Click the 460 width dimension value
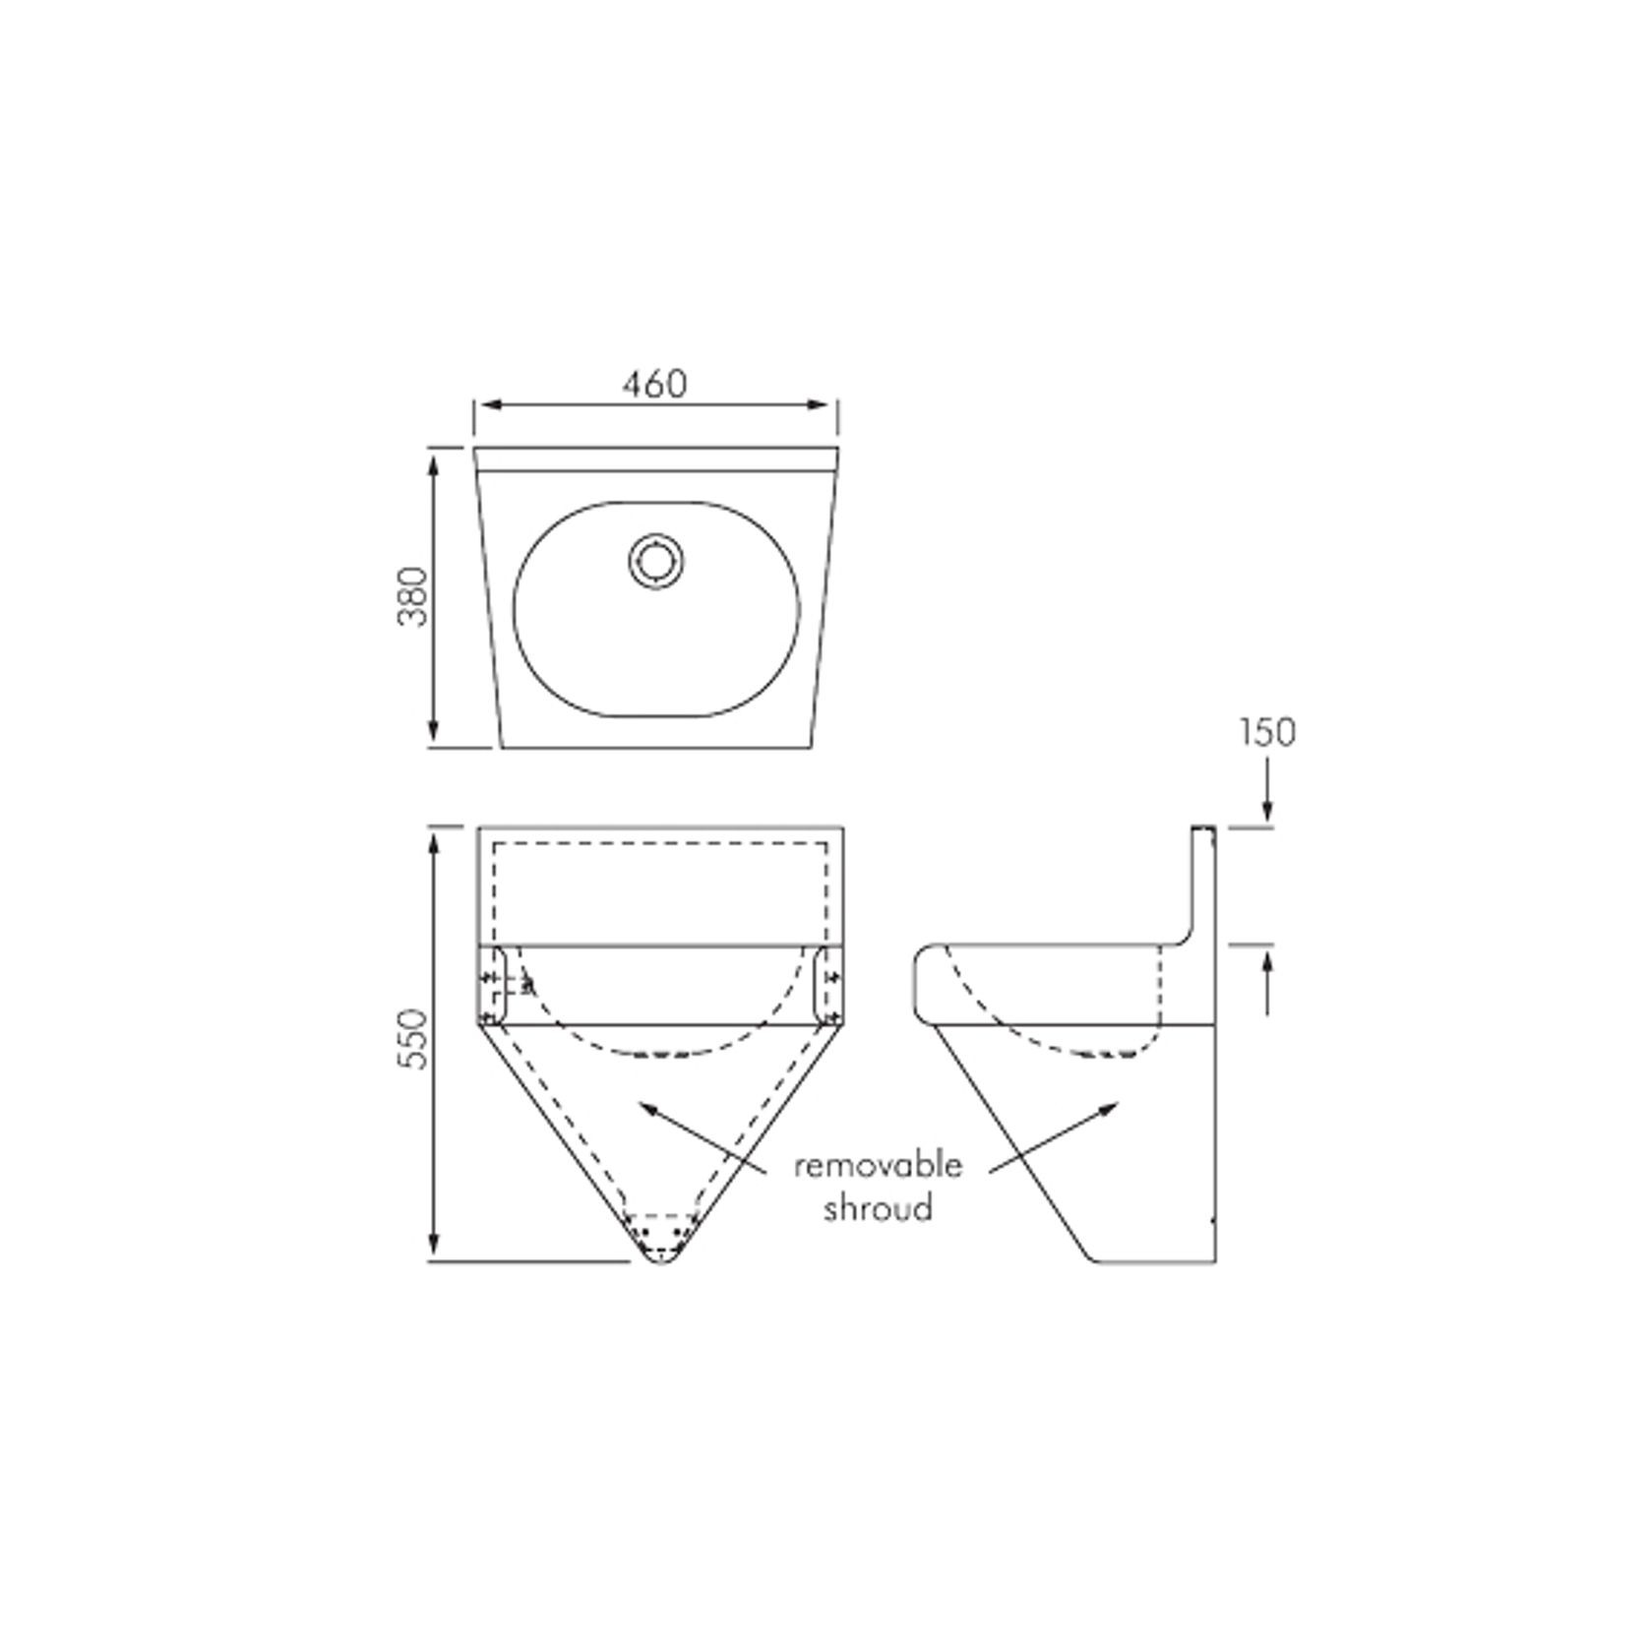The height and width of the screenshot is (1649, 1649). coord(654,384)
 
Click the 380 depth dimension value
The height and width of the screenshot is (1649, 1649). coord(414,596)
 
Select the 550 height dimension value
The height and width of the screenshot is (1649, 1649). coord(414,1038)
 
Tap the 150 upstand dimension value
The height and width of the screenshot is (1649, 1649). coord(1266,733)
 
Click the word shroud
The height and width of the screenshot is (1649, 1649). coord(877,1207)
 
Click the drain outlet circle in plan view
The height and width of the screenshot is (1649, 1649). coord(654,560)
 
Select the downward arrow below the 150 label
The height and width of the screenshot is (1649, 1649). coord(1267,807)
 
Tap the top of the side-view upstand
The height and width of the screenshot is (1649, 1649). coord(1203,829)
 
